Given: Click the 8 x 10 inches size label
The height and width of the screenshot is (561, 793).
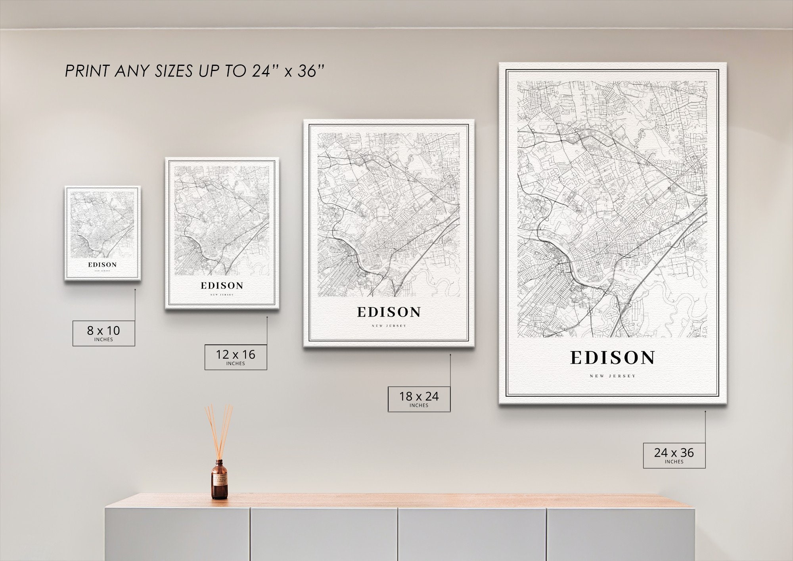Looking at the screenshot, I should (103, 333).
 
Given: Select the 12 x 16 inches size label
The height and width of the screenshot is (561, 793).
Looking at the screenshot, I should (236, 357).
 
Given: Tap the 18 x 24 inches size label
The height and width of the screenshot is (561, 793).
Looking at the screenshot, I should (419, 399).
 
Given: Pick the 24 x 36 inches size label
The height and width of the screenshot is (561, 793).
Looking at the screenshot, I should (674, 455).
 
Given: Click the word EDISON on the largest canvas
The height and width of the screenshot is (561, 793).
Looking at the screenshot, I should (613, 358).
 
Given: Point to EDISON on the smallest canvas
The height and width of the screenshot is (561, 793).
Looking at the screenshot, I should (102, 265).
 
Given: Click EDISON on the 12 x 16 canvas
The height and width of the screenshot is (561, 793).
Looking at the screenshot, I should (222, 286).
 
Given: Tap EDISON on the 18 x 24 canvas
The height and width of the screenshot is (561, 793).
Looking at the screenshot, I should (389, 312).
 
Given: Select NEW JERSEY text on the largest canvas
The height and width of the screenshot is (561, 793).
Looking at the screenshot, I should (613, 376).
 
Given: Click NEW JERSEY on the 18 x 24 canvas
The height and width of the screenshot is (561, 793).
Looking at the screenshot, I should (389, 326).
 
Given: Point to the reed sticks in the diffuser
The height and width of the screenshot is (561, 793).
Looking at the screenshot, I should (218, 430).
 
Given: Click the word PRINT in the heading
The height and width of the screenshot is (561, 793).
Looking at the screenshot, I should (87, 71).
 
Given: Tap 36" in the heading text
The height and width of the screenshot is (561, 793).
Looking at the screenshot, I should (311, 71).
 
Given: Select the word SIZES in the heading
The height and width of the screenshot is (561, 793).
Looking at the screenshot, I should (175, 71).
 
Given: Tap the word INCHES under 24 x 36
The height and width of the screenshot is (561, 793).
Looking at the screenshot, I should (674, 462).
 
